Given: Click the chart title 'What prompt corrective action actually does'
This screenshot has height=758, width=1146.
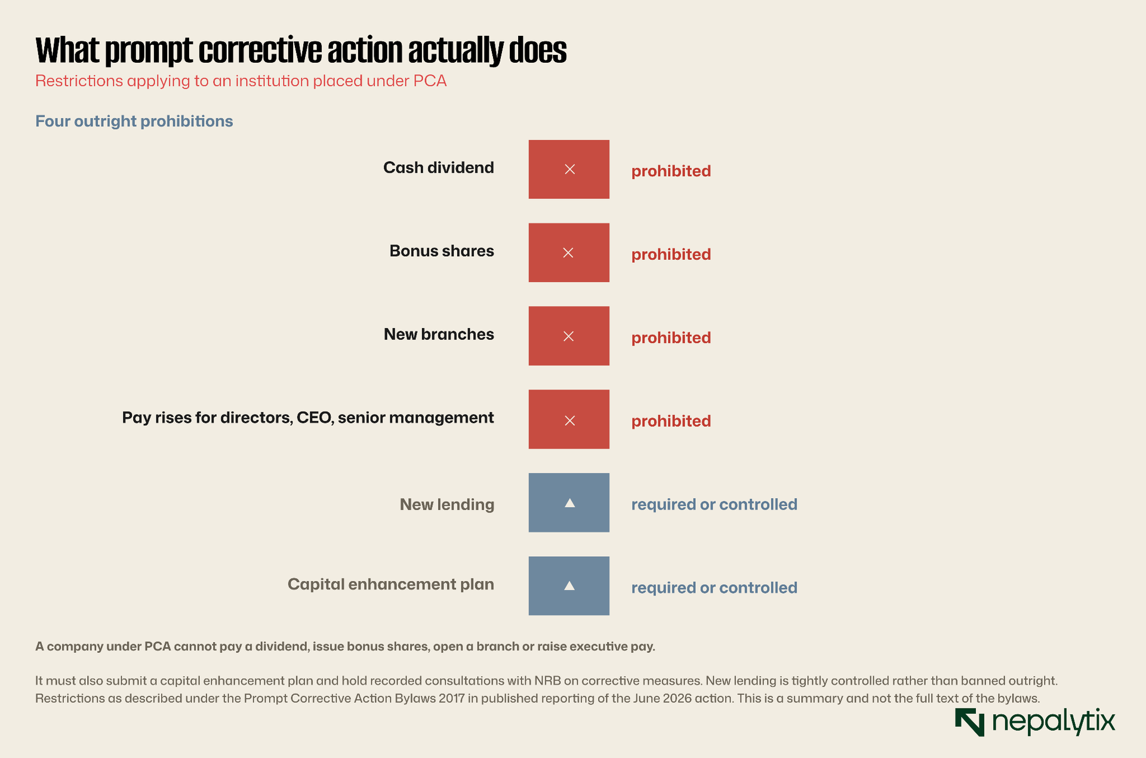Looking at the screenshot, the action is coord(301,50).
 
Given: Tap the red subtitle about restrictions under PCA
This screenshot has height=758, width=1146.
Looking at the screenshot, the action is coord(241,81).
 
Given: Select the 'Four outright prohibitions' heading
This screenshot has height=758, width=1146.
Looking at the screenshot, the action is coord(134,121).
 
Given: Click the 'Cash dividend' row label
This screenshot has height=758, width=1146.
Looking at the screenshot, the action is coord(439,168).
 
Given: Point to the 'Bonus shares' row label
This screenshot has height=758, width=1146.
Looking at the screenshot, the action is coord(442,251).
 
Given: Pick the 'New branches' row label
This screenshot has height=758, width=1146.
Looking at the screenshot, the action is coord(439,334).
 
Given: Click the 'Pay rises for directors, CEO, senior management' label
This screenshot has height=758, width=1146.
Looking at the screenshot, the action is coord(308,418).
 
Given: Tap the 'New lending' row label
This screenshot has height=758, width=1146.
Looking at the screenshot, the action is coord(447,505).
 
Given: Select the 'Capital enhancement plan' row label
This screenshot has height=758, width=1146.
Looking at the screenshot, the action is coord(391,584).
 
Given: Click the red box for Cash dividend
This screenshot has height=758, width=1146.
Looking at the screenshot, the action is coord(569,170).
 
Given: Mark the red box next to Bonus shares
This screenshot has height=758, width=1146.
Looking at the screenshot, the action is coord(569,253).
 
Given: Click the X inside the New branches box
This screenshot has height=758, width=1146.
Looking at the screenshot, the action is coord(569,336).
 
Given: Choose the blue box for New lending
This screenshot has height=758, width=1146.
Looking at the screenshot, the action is coord(569,503).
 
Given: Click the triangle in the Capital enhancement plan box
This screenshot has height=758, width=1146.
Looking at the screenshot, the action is coord(569,585).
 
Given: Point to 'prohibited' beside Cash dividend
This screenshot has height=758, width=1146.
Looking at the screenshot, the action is coord(671,171).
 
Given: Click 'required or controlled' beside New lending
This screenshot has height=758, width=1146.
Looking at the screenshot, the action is coord(714,505).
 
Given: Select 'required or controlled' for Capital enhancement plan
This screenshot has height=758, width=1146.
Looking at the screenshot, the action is coord(714,588).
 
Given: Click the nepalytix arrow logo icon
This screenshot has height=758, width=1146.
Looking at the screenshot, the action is coord(970,722).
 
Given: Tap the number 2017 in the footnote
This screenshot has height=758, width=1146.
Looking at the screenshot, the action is coord(451,698).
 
